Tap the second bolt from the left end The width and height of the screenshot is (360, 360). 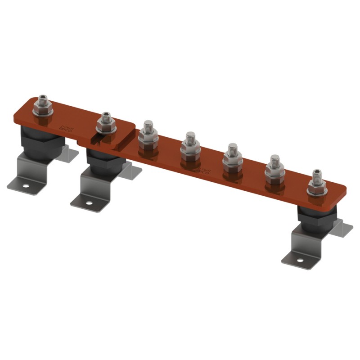tap(106, 123)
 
